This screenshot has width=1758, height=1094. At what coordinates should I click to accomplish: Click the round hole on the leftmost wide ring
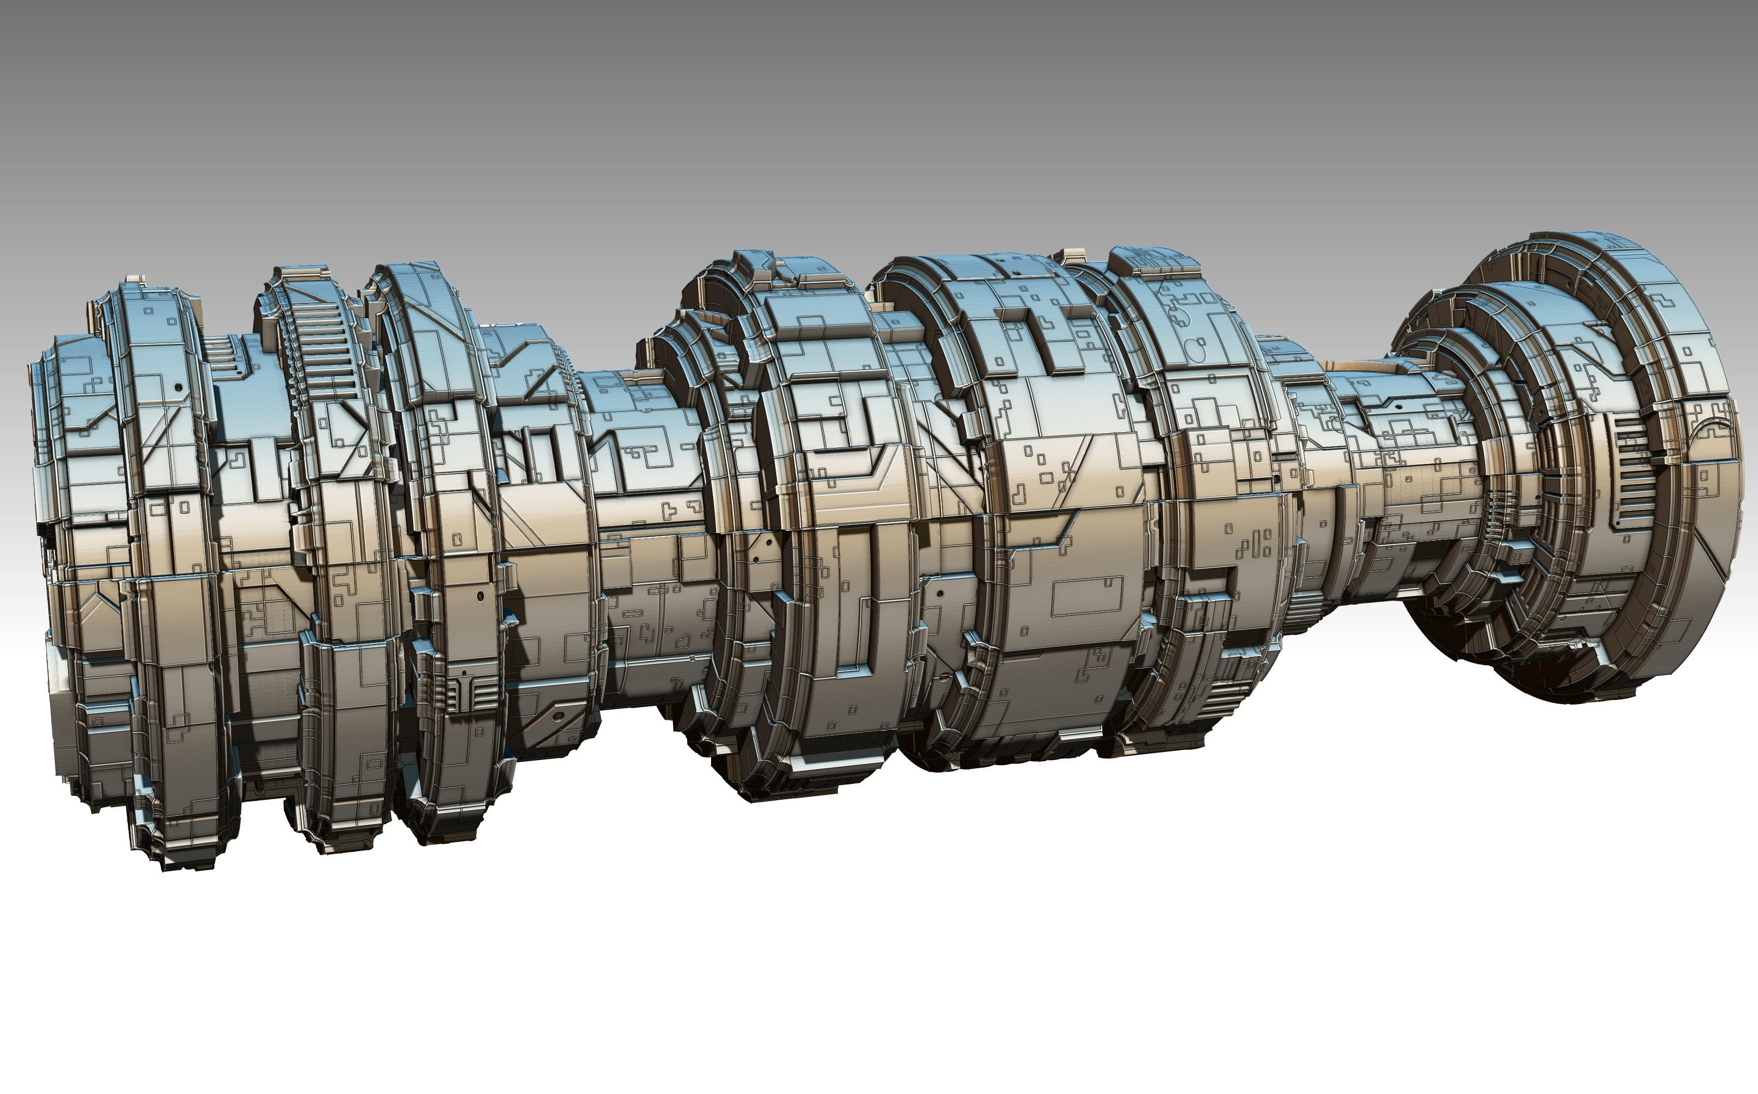177,388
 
